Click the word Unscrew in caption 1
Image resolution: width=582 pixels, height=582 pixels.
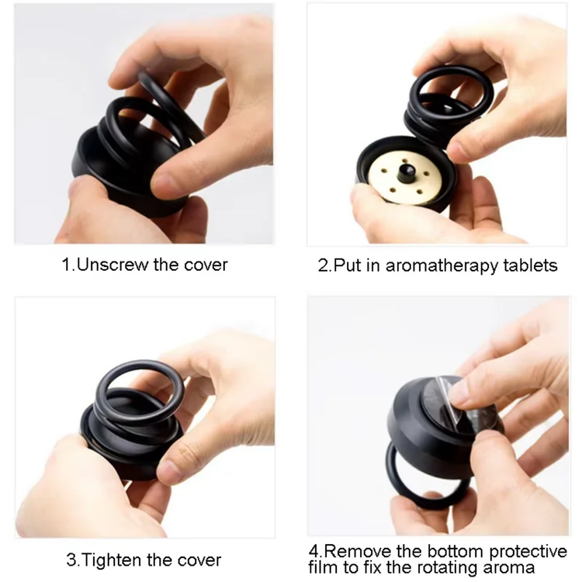(x=113, y=265)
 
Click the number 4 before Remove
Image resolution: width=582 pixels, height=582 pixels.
(x=314, y=552)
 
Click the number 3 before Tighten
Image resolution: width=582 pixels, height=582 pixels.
(x=71, y=560)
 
